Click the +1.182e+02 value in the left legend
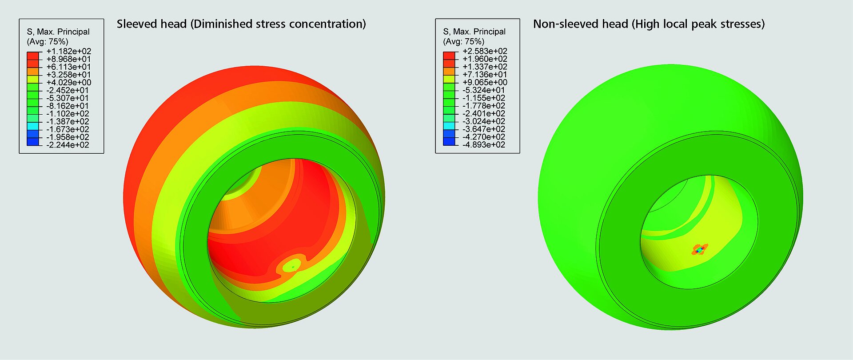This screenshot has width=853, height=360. [x=68, y=51]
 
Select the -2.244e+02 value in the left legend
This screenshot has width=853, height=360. [x=68, y=145]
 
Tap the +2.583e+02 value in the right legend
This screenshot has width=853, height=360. [x=485, y=51]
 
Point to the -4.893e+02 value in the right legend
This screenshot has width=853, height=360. [x=484, y=145]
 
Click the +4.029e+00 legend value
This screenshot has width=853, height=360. [x=68, y=83]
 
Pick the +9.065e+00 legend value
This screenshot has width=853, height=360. [x=485, y=83]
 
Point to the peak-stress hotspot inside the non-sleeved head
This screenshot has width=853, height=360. [x=700, y=250]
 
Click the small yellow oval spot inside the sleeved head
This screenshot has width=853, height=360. [x=292, y=266]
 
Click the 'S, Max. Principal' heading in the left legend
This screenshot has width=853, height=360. [x=58, y=32]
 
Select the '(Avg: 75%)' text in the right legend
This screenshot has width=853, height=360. [x=464, y=42]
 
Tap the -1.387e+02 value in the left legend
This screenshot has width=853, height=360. [x=68, y=121]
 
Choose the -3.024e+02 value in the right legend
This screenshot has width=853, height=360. [x=484, y=121]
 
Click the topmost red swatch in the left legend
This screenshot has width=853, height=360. [x=33, y=55]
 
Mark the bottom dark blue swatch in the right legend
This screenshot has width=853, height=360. [x=449, y=141]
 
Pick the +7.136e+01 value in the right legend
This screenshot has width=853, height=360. [x=485, y=75]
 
